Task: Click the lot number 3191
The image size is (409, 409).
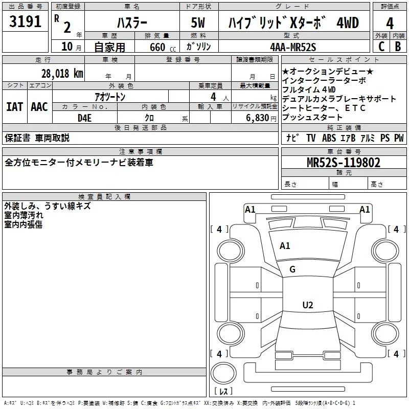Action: pyautogui.click(x=25, y=21)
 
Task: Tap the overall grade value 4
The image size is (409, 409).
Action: pyautogui.click(x=390, y=24)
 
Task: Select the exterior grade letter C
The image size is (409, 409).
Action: pyautogui.click(x=381, y=47)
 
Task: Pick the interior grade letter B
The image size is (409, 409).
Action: pyautogui.click(x=398, y=47)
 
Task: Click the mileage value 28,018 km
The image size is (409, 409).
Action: pyautogui.click(x=62, y=74)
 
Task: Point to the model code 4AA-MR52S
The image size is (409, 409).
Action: pyautogui.click(x=293, y=47)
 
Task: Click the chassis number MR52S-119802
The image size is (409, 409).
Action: pyautogui.click(x=344, y=163)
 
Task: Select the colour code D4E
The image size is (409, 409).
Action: pyautogui.click(x=84, y=118)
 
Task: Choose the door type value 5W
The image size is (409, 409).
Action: pyautogui.click(x=198, y=22)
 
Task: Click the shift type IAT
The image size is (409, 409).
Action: pyautogui.click(x=14, y=107)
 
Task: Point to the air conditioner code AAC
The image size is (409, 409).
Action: pyautogui.click(x=39, y=107)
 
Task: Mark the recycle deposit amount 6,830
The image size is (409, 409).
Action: pyautogui.click(x=258, y=118)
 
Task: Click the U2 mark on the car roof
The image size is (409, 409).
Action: pyautogui.click(x=308, y=305)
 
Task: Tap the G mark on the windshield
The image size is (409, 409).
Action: pyautogui.click(x=292, y=269)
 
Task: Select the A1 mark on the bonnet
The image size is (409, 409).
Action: pyautogui.click(x=285, y=246)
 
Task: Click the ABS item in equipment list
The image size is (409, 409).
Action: pyautogui.click(x=329, y=138)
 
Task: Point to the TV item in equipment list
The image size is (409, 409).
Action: pyautogui.click(x=311, y=138)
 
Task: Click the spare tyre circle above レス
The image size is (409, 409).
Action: pyautogui.click(x=223, y=373)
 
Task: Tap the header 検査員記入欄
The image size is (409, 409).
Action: pyautogui.click(x=104, y=197)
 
